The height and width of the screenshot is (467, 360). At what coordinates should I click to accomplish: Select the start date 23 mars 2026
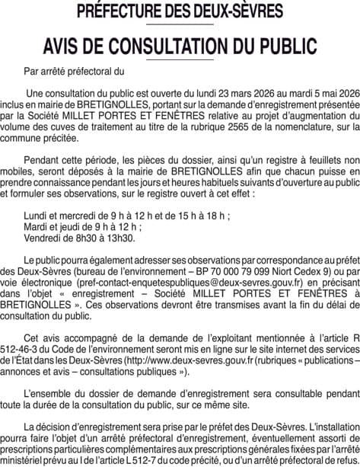(245, 92)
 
